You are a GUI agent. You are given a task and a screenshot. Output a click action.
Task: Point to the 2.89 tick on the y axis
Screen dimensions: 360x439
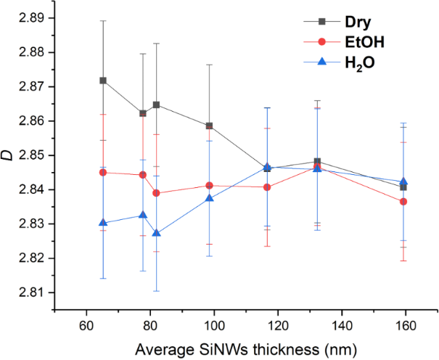[48, 17]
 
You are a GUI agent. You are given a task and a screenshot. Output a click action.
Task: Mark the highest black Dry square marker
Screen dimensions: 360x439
[103, 80]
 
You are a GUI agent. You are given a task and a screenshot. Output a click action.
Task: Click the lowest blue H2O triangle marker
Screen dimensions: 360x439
[157, 233]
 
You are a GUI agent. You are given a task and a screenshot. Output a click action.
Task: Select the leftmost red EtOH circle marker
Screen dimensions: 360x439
[103, 172]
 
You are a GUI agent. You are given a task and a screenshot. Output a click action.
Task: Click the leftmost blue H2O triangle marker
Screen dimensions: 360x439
[103, 223]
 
